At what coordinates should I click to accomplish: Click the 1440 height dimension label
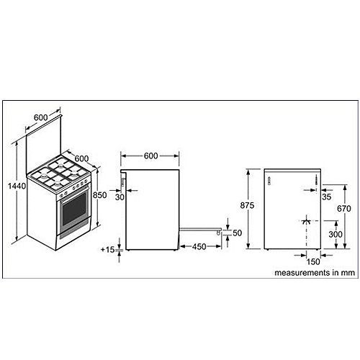(17, 186)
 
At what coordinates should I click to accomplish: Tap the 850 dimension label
(100, 195)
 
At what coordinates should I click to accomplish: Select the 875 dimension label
(247, 205)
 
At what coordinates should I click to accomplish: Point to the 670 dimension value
(344, 209)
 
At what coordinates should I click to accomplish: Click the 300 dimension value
(336, 234)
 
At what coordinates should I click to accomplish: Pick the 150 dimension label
(313, 261)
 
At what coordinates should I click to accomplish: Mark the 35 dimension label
(327, 197)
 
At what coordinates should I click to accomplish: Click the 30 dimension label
(120, 197)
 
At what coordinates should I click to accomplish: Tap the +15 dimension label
(108, 250)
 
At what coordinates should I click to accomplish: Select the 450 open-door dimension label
(199, 246)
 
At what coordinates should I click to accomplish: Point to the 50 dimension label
(237, 233)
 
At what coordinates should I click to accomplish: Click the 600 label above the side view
(150, 156)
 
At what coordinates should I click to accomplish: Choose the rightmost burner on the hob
(75, 174)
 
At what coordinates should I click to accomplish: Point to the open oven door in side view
(200, 230)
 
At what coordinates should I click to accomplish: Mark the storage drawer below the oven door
(73, 231)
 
